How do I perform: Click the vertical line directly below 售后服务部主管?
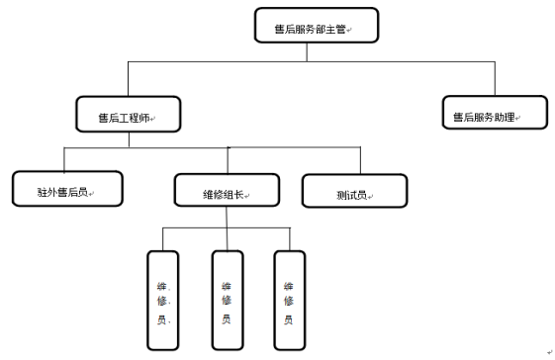pyautogui.click(x=308, y=55)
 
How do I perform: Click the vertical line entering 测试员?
pyautogui.click(x=359, y=161)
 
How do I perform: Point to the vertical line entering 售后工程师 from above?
pyautogui.click(x=127, y=79)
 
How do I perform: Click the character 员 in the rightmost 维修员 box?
pyautogui.click(x=289, y=319)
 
